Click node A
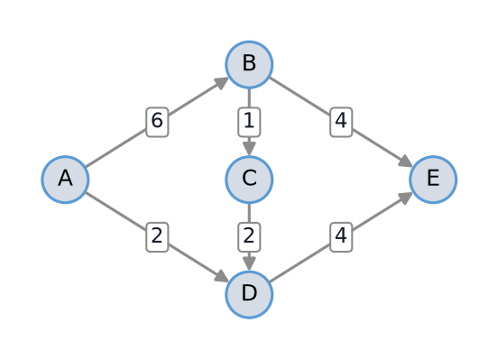65,180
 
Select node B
249,64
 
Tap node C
249,180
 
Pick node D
249,294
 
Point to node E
433,180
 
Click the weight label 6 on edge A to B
157,122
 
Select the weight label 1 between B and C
249,122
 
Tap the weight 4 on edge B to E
341,122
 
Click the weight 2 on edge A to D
157,237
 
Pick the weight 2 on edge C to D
249,237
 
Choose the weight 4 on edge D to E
341,237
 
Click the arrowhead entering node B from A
222,83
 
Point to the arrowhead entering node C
249,149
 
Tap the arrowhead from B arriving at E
406,162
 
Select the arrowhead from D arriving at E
406,198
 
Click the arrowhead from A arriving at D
222,276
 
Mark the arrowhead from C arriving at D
249,263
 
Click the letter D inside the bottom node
249,292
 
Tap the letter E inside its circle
433,178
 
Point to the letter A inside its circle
65,178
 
